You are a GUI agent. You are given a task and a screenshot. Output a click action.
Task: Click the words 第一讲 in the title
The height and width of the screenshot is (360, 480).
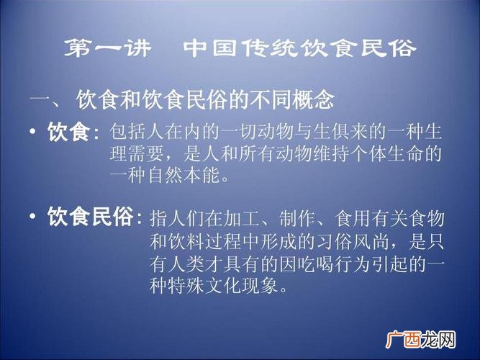tap(108, 48)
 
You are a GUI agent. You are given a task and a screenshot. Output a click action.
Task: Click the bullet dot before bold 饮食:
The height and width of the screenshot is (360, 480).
tap(33, 132)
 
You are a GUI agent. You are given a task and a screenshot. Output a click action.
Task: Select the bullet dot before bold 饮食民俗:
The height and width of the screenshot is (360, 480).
tap(33, 216)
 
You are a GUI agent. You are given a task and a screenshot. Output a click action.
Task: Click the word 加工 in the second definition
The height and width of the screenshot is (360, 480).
tap(242, 219)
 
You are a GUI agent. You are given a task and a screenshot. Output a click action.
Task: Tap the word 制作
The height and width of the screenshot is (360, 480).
tap(298, 219)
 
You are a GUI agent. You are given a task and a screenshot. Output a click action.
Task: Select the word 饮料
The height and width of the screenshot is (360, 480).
tap(186, 242)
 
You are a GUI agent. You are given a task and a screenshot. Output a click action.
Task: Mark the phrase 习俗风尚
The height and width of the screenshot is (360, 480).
tap(353, 242)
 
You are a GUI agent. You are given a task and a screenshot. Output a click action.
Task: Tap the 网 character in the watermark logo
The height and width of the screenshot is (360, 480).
tap(447, 340)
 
